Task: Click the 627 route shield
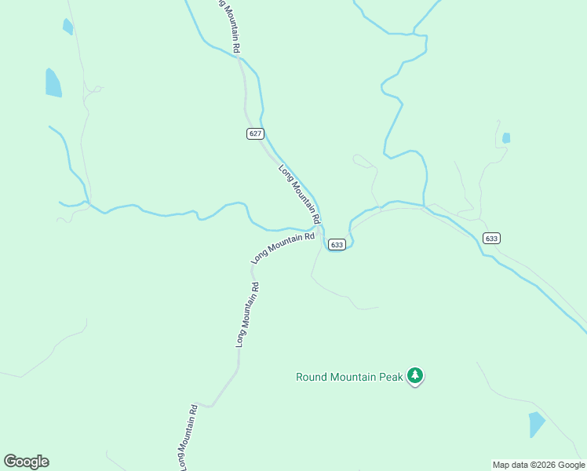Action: click(x=255, y=133)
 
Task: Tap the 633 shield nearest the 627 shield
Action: click(x=337, y=245)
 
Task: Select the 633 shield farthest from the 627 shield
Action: click(x=491, y=239)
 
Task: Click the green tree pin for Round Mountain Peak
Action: click(x=416, y=377)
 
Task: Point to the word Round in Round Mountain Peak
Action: click(x=311, y=377)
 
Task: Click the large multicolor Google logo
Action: click(x=26, y=462)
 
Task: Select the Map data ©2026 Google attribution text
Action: click(x=539, y=465)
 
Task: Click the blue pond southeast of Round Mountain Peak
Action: click(x=537, y=424)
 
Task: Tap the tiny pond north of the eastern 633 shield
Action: click(x=506, y=138)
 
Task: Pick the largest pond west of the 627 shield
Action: click(x=53, y=82)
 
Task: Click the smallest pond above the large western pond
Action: click(x=67, y=27)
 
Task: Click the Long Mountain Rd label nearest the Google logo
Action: click(x=187, y=436)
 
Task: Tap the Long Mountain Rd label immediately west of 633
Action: click(x=283, y=247)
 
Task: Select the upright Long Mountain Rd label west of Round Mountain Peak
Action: click(x=248, y=315)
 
